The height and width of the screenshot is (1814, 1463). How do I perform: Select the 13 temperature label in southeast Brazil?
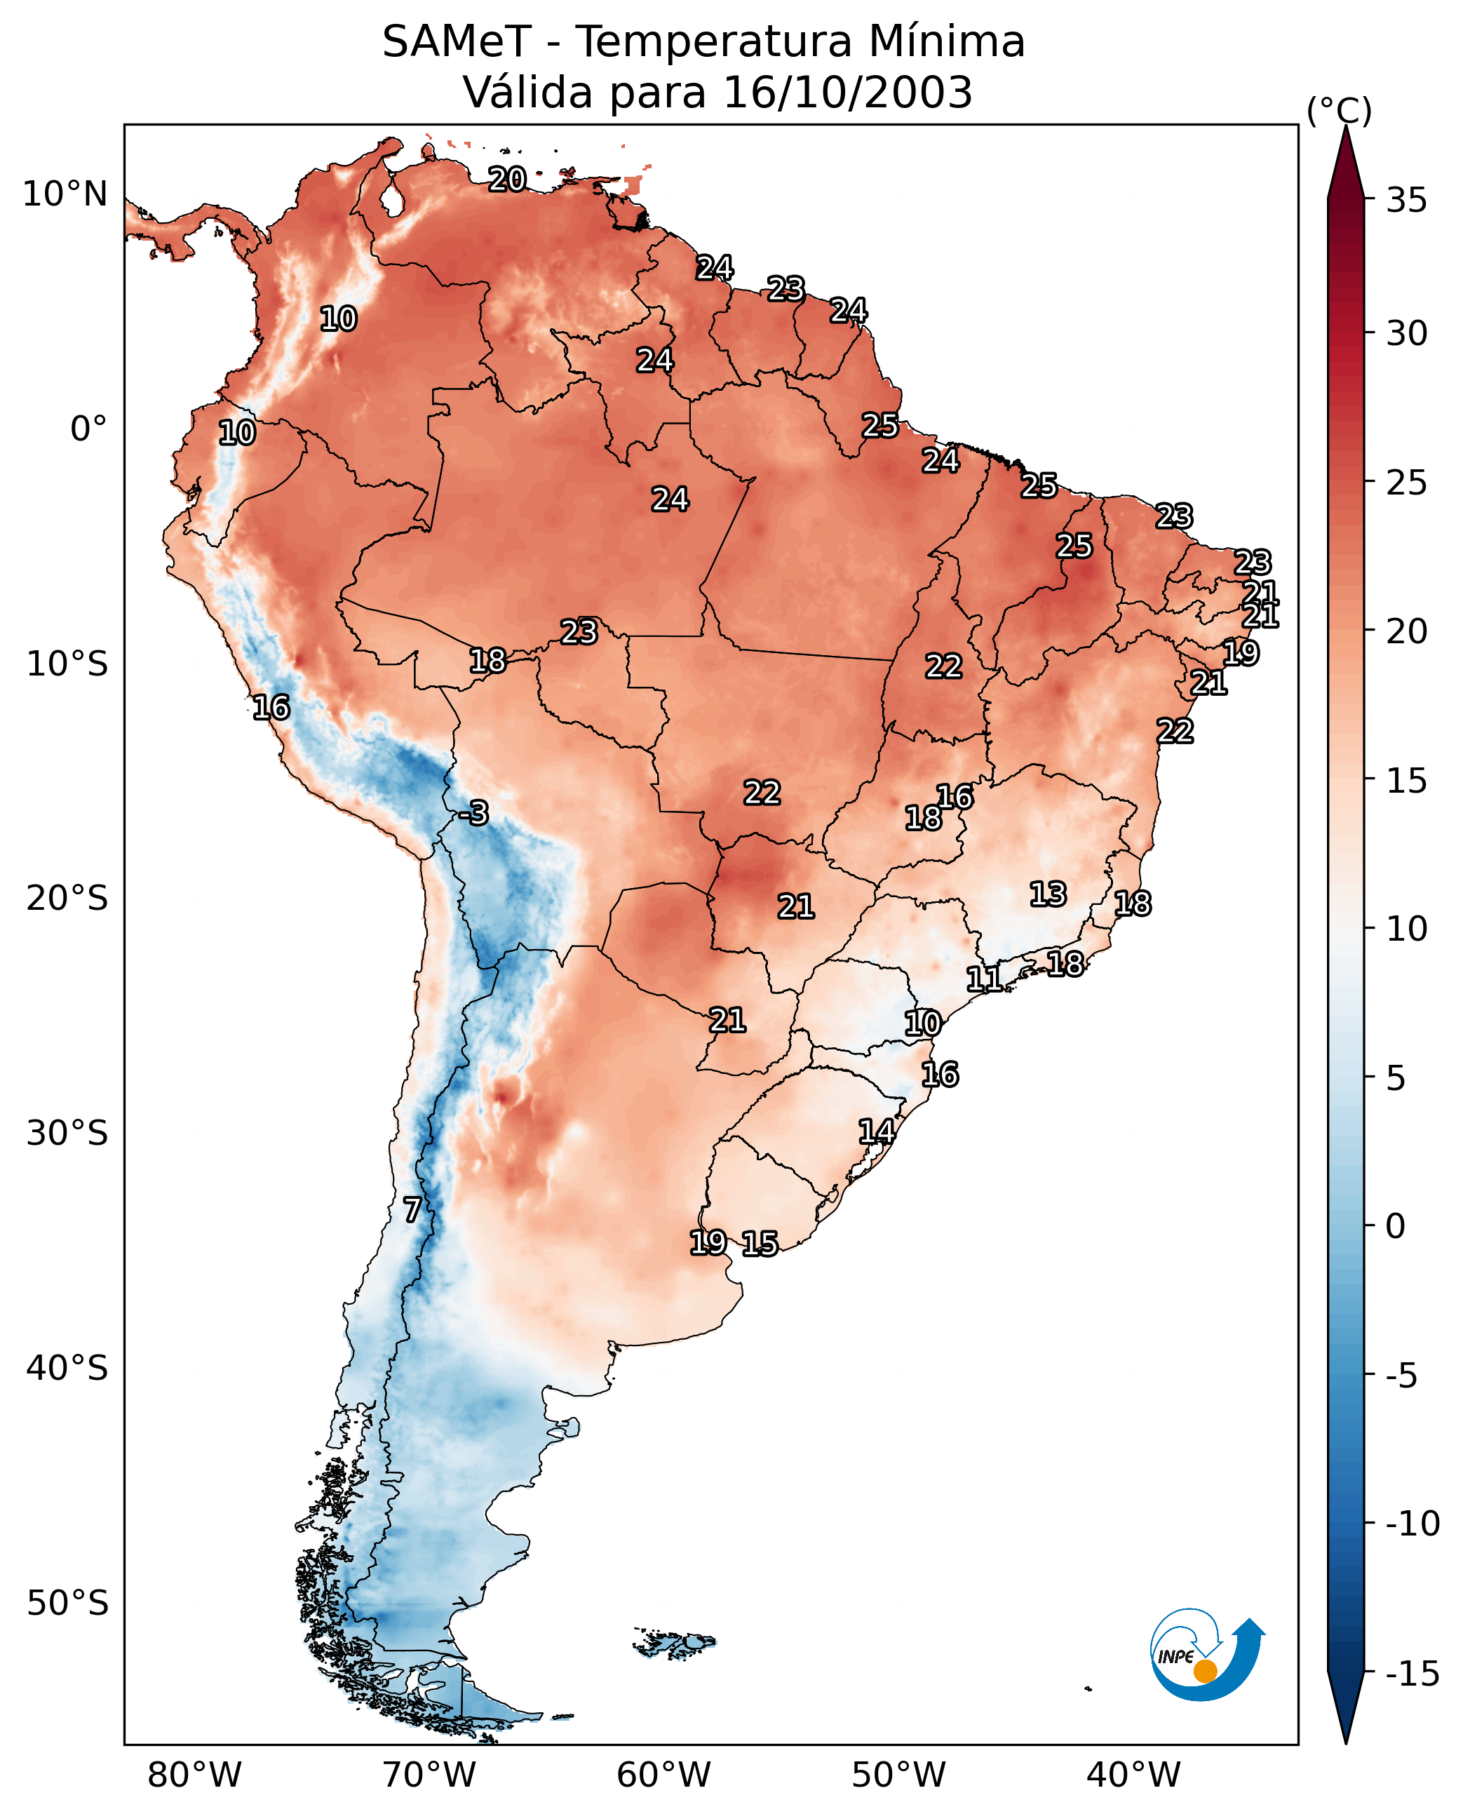click(x=1048, y=894)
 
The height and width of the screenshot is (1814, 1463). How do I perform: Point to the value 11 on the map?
click(x=983, y=979)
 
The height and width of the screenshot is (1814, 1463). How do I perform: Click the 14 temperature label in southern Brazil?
click(x=877, y=1131)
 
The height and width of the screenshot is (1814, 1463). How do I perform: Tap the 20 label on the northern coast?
click(x=507, y=180)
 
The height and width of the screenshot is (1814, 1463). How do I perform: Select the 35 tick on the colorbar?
click(x=1406, y=201)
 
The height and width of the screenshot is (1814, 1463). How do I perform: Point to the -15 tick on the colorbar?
click(x=1413, y=1673)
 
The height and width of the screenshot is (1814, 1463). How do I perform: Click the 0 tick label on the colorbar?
click(x=1396, y=1226)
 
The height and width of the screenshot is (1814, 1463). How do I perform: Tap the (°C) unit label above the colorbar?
click(x=1339, y=110)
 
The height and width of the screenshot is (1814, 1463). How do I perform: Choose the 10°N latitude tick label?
click(x=65, y=195)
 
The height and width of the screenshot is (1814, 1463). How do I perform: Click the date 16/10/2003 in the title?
click(x=848, y=92)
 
